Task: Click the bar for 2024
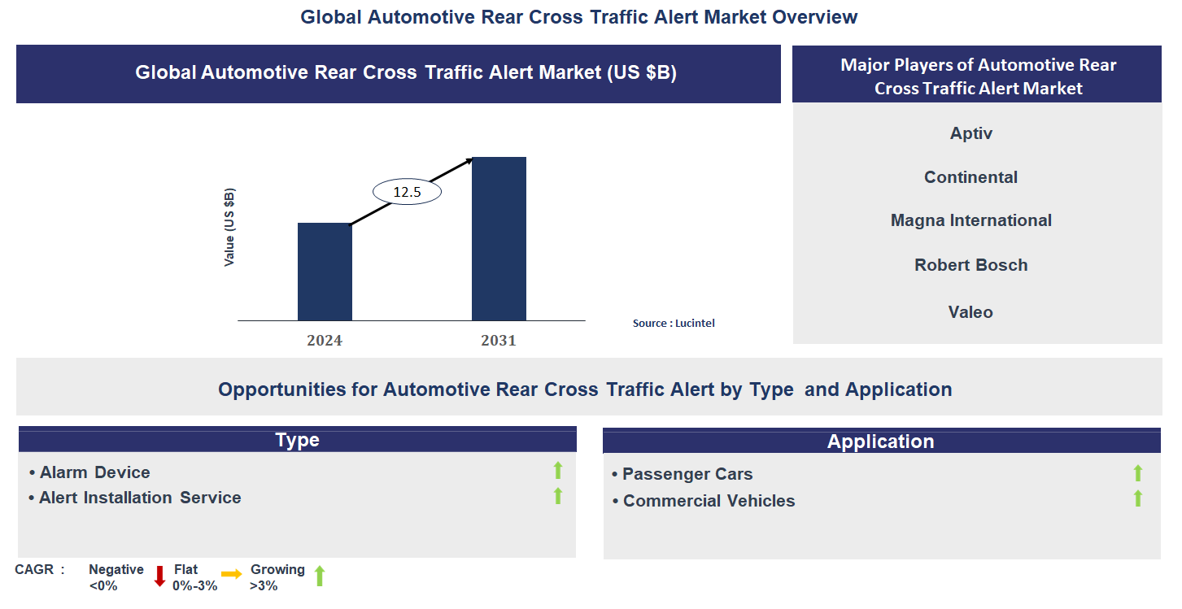pos(325,272)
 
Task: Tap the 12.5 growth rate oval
pos(407,192)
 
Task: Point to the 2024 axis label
pos(325,341)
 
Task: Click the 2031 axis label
pos(499,341)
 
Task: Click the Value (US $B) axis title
pos(229,228)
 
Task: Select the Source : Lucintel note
pos(674,324)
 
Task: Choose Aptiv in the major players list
pos(971,133)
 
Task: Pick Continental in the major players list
pos(970,177)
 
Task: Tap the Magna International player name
pos(970,220)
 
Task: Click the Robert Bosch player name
pos(970,265)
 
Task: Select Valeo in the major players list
pos(970,312)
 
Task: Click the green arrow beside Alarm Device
pos(558,470)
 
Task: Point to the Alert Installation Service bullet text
pos(140,498)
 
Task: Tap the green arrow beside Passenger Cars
pos(1138,472)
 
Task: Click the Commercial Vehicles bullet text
pos(709,501)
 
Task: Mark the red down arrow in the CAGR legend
pos(159,576)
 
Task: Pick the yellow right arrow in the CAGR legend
pos(232,574)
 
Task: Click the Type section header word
pos(297,440)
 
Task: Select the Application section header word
pos(880,442)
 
